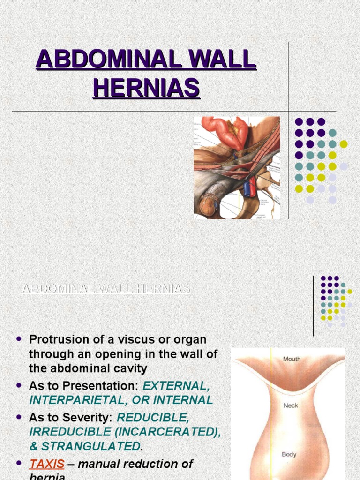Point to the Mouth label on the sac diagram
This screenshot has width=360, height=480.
point(292,359)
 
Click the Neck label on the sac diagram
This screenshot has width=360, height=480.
point(291,405)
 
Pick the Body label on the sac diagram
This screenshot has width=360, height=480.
point(289,454)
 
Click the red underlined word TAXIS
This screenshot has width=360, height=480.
point(47,464)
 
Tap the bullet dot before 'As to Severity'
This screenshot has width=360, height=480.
point(19,416)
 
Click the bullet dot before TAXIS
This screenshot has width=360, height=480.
point(19,463)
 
